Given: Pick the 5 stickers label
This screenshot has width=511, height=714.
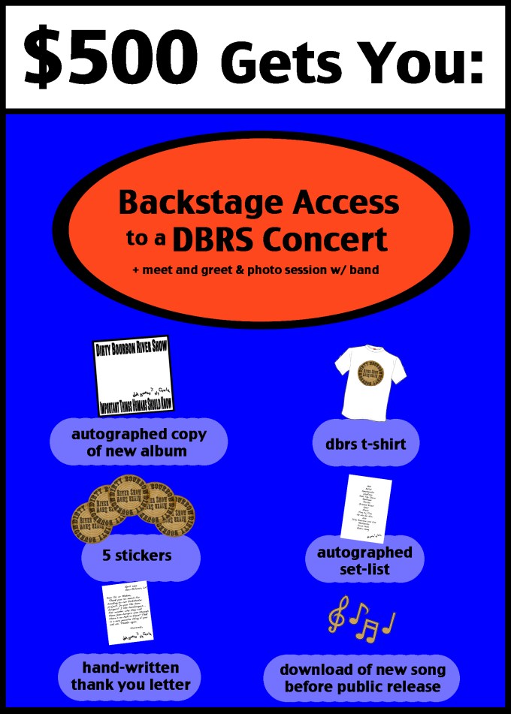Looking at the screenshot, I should pyautogui.click(x=137, y=556).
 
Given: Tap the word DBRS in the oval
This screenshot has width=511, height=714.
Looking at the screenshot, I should pyautogui.click(x=215, y=240).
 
